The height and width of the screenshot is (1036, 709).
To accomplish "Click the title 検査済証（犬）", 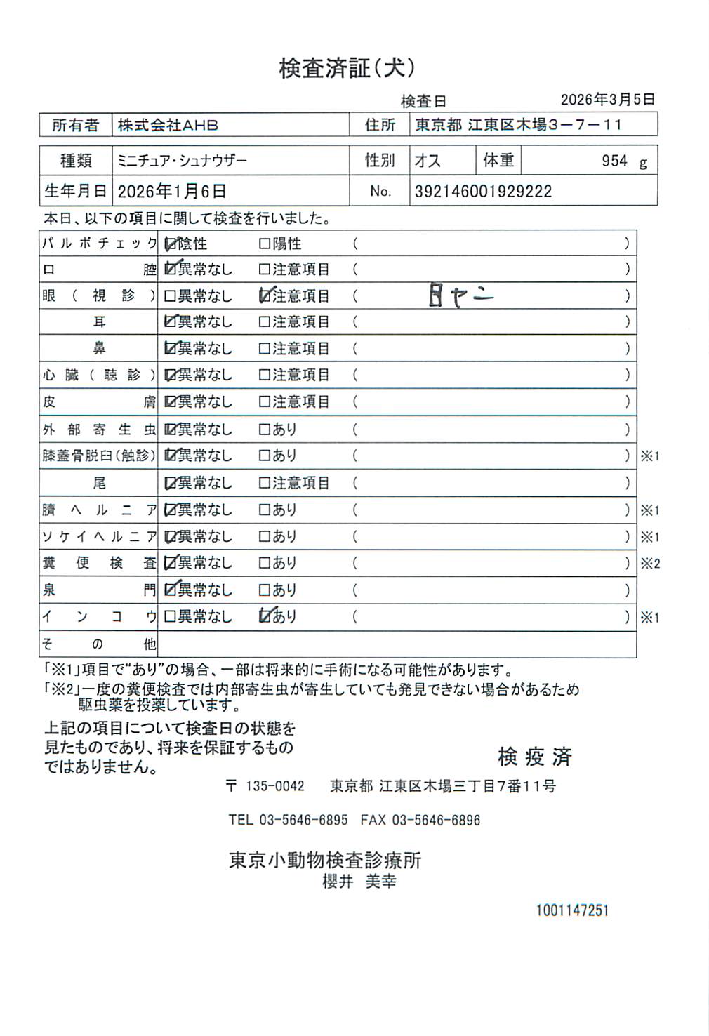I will click(347, 68).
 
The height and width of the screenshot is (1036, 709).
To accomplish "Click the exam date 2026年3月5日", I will click(607, 100).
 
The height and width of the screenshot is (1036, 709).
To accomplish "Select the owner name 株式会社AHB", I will click(168, 126).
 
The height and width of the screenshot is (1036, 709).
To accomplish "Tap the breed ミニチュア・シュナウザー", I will click(182, 161).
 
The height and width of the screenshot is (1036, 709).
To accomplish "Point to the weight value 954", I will click(614, 161).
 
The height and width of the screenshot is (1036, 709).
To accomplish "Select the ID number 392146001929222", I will click(483, 192).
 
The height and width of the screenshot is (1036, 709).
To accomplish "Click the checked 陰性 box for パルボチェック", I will click(170, 244).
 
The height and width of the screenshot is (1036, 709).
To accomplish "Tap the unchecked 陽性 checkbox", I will click(265, 244).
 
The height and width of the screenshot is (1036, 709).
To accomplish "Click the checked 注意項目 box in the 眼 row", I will click(265, 296).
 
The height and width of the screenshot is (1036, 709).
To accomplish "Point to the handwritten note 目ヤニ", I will click(460, 297).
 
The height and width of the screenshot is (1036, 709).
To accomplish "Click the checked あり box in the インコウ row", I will click(265, 616).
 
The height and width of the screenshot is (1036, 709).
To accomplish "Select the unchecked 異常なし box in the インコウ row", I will click(170, 617).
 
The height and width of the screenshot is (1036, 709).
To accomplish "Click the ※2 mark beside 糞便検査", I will click(650, 564).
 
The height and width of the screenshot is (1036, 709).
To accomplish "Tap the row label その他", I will click(98, 644).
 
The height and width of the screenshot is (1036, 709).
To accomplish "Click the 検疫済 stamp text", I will click(535, 757).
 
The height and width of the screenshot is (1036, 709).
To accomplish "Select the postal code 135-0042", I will click(274, 786).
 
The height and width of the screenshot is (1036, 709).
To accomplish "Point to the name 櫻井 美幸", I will click(359, 882).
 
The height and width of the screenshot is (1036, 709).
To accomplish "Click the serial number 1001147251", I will click(572, 910).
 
